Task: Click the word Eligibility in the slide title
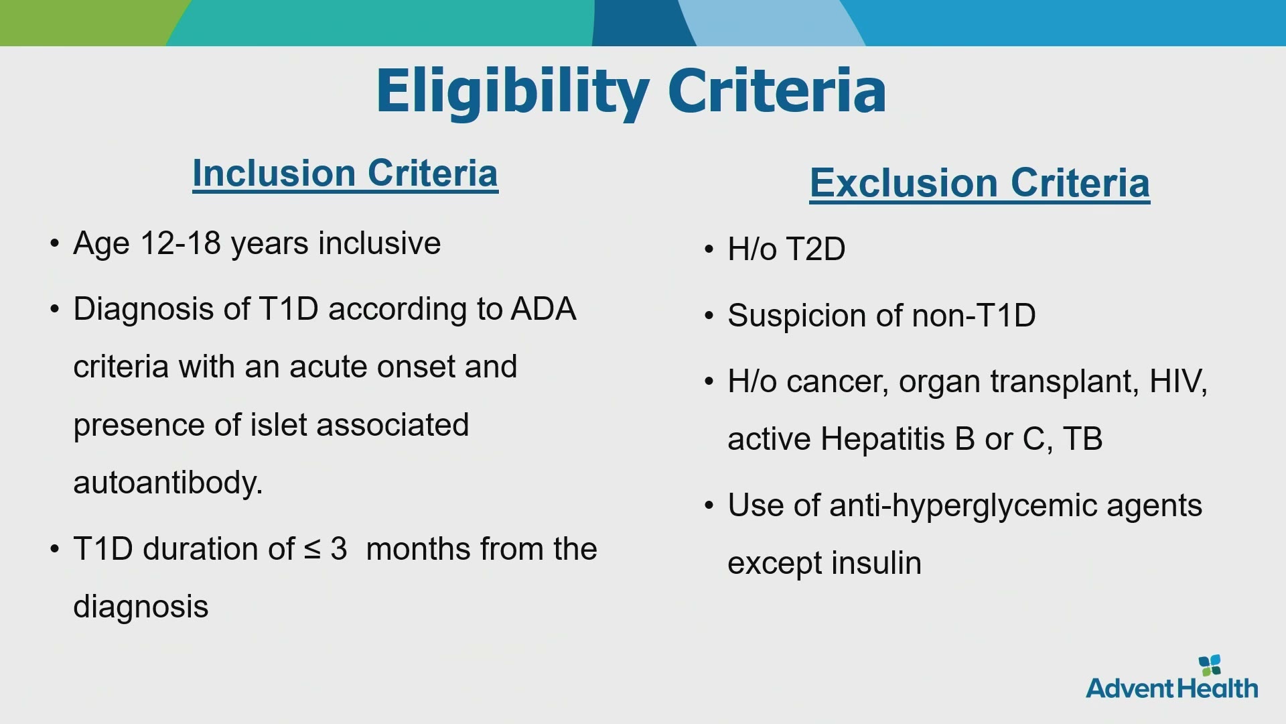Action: pyautogui.click(x=512, y=93)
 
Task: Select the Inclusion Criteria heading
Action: pyautogui.click(x=345, y=174)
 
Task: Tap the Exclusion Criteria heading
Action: pyautogui.click(x=980, y=183)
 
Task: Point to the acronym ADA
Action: pyautogui.click(x=543, y=309)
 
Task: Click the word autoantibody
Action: pyautogui.click(x=168, y=483)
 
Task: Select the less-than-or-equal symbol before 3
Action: pyautogui.click(x=312, y=550)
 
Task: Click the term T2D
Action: pyautogui.click(x=816, y=249)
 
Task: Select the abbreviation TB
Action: pyautogui.click(x=1082, y=439)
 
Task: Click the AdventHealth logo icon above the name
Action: pyautogui.click(x=1210, y=665)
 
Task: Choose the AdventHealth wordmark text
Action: pyautogui.click(x=1172, y=688)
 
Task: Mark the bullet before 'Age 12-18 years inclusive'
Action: pyautogui.click(x=55, y=243)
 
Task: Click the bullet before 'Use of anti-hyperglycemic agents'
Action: pyautogui.click(x=709, y=505)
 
